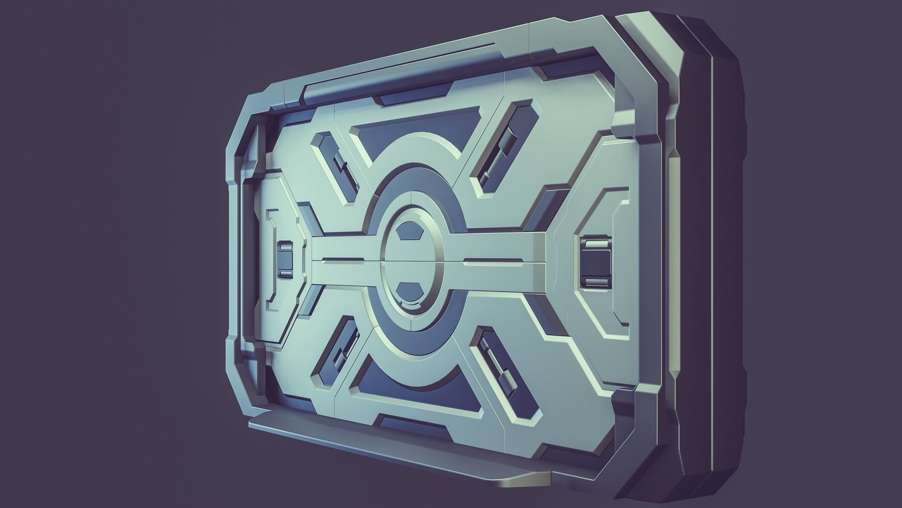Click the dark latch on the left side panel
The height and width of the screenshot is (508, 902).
285,260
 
